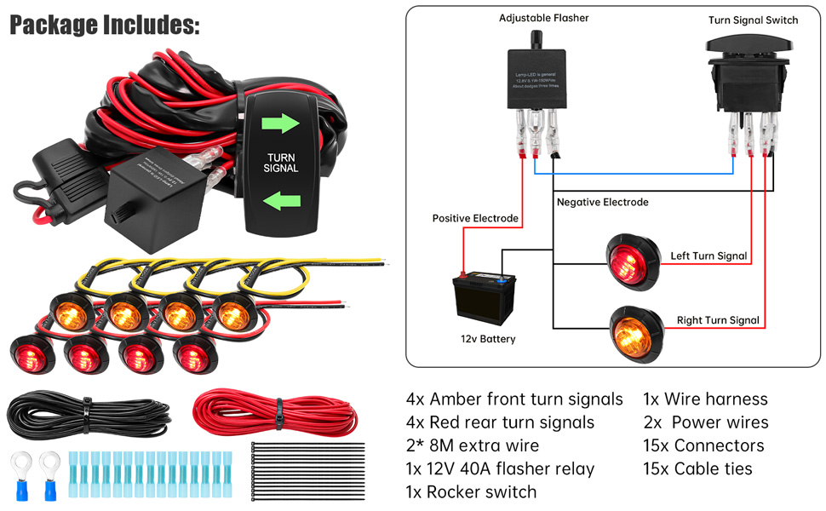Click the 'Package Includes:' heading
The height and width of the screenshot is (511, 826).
coord(105,25)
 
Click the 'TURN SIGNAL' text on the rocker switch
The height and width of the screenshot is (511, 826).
coord(282,163)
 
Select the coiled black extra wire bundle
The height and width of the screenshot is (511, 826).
coord(83,415)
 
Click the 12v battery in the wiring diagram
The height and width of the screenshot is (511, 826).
coord(484,300)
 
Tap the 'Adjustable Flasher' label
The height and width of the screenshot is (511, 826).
coord(543,18)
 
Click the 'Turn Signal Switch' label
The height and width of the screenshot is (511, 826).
coord(753,20)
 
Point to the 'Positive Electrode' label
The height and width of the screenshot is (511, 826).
coord(475,219)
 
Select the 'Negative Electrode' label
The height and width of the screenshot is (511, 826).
coord(602,202)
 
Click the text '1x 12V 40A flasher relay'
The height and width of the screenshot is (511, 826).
coord(500,468)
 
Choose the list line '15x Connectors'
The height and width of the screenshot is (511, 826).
coord(703,445)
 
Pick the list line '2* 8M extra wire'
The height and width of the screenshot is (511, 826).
coord(473,445)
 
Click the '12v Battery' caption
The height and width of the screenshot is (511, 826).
coord(483,339)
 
